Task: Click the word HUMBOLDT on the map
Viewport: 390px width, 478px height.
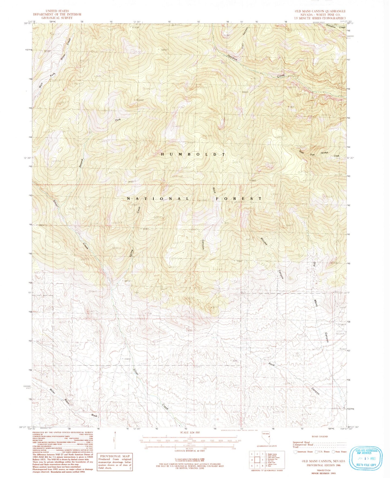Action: [193, 154]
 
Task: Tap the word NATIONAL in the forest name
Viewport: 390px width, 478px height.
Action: [158, 198]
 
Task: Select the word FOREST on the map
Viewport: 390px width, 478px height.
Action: [239, 198]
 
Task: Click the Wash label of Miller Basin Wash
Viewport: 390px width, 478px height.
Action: [94, 415]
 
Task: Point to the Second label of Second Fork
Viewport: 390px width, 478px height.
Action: [80, 163]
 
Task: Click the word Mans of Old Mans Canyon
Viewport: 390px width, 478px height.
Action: [316, 302]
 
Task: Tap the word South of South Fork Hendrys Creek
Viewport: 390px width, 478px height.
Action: [301, 152]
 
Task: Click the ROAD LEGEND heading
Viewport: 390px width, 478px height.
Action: [319, 436]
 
